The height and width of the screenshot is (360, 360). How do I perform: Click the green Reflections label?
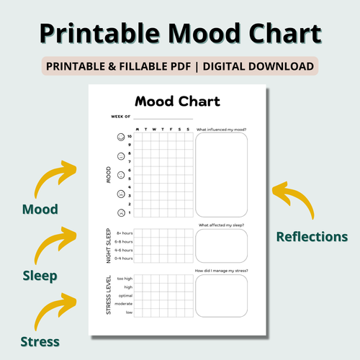[x=312, y=236]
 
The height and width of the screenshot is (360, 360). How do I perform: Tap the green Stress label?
[x=40, y=341]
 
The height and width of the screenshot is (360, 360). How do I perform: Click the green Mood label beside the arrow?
[x=40, y=210]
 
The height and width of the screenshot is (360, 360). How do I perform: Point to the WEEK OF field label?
[x=121, y=116]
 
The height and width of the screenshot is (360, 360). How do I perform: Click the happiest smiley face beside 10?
[x=120, y=136]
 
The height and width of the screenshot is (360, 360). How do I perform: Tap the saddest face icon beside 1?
[x=120, y=212]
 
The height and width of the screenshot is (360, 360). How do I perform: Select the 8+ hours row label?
[x=124, y=233]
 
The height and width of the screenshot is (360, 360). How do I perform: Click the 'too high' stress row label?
[x=123, y=279]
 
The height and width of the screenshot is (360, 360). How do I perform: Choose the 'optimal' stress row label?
[x=124, y=296]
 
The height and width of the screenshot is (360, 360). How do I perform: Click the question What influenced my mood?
[x=222, y=129]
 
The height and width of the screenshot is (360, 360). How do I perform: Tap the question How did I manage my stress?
[x=221, y=270]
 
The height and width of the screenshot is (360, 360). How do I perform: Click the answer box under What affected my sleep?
[x=221, y=246]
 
